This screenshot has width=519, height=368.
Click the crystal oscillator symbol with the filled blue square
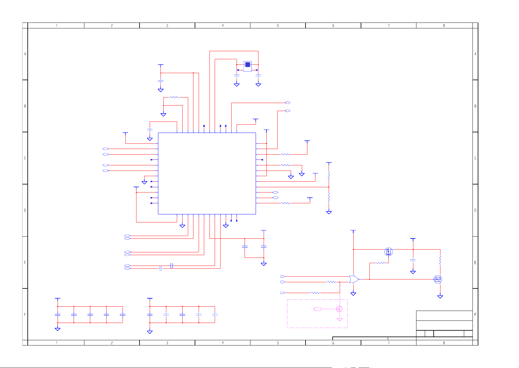[x=247, y=66]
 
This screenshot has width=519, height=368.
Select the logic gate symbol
[x=354, y=279]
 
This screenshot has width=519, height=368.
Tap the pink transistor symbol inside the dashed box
[x=339, y=309]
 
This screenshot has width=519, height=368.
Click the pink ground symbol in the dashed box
[x=340, y=320]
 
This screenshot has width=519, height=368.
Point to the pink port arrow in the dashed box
[x=317, y=309]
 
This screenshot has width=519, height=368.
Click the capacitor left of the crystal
[x=237, y=75]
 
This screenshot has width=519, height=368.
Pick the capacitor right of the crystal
[x=258, y=75]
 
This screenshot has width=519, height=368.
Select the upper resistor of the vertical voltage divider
[x=329, y=176]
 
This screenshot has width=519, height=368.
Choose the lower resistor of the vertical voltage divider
[x=329, y=198]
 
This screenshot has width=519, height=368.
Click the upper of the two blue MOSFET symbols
[x=388, y=252]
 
